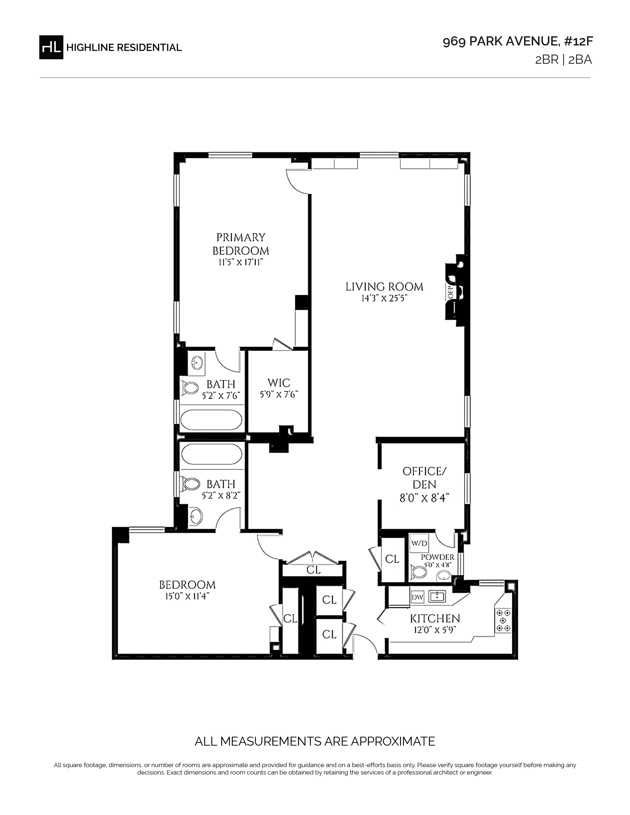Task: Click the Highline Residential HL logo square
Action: tap(51, 47)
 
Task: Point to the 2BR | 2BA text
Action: tap(564, 60)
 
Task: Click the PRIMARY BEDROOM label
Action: tap(241, 244)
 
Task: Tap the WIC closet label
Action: tap(279, 383)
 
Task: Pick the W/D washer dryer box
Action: tap(419, 543)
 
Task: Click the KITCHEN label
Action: tap(435, 619)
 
